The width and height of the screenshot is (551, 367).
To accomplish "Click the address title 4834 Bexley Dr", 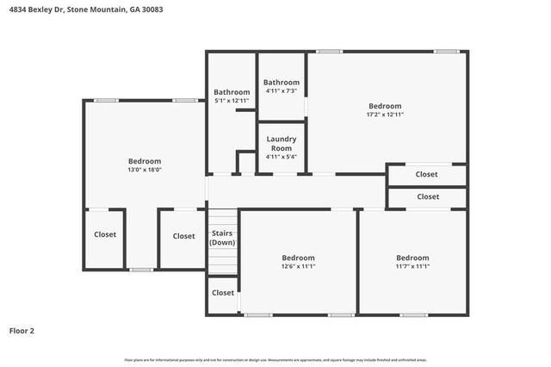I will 83,10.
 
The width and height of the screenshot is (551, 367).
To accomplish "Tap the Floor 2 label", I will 22,330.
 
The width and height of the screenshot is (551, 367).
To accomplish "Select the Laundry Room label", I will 282,143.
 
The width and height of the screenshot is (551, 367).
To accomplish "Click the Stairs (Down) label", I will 223,239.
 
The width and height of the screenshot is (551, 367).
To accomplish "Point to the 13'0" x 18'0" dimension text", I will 145,170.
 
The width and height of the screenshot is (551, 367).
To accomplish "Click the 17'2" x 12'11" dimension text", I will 385,115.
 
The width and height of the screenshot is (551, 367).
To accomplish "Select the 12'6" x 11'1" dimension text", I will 299,267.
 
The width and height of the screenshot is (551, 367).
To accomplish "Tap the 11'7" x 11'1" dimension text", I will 412,267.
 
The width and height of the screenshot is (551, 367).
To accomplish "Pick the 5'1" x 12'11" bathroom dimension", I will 232,101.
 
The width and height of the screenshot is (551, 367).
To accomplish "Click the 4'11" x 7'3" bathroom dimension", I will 282,91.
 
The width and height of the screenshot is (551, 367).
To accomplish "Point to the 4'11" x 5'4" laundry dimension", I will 282,157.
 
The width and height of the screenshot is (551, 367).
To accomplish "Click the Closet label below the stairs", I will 223,293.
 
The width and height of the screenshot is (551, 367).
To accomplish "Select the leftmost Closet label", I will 105,234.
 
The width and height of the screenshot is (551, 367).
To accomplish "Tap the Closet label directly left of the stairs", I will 183,236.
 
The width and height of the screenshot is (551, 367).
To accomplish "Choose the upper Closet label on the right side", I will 427,175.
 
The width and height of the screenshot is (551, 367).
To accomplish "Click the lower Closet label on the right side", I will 427,197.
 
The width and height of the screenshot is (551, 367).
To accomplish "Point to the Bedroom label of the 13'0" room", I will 145,161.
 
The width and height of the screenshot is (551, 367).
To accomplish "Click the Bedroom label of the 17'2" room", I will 385,106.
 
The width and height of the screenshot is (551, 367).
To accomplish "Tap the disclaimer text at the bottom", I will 275,360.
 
